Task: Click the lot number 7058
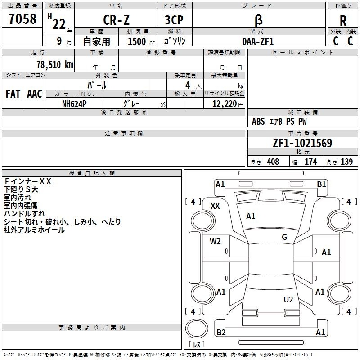22,19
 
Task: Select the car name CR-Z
116,20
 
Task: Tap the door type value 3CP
174,20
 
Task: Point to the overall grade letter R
343,21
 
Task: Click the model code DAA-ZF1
258,41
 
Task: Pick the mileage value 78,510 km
55,64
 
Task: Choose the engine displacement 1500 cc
141,41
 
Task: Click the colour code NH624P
74,104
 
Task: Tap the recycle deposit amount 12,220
225,104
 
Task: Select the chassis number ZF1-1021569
302,143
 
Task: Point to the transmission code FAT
13,94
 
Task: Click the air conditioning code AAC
35,94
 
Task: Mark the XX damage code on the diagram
215,206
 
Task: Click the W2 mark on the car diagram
215,241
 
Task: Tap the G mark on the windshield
284,237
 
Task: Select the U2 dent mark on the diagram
288,299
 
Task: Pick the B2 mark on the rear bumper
221,332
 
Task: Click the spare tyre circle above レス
197,328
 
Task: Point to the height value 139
346,162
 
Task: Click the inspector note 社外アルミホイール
34,230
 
